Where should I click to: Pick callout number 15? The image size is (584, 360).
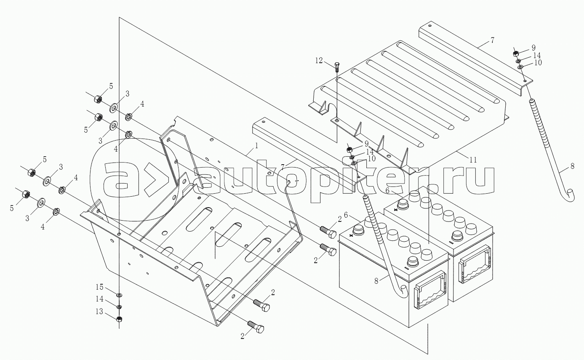click(99, 287)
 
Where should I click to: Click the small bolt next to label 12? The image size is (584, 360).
click(337, 67)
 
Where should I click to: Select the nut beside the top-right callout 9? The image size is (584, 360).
click(516, 53)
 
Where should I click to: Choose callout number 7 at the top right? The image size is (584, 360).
click(492, 40)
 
